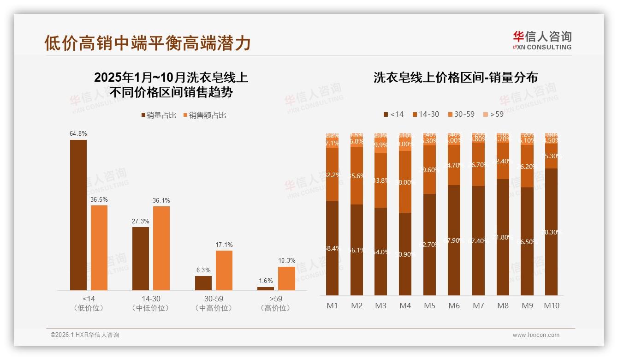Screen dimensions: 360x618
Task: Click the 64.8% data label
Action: click(x=78, y=133)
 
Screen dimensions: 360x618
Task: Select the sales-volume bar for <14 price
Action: click(x=78, y=215)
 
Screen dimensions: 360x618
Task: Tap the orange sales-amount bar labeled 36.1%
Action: click(x=161, y=248)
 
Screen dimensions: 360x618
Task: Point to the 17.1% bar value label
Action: click(x=224, y=245)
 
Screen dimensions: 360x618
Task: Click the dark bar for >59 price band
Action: click(x=266, y=288)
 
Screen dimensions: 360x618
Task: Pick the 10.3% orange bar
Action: click(x=286, y=278)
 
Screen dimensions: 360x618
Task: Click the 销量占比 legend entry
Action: click(x=159, y=115)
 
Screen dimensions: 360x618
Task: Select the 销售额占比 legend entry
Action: click(x=204, y=115)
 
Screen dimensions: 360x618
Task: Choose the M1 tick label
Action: click(x=332, y=306)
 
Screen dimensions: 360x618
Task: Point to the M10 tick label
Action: click(x=551, y=306)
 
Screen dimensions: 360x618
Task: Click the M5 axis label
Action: click(x=429, y=306)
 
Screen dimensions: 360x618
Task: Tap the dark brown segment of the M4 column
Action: click(x=405, y=254)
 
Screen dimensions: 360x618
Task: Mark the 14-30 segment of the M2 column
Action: click(x=357, y=175)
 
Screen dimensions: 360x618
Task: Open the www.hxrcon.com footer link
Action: click(x=536, y=335)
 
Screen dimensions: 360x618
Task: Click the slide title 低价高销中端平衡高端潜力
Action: click(x=148, y=42)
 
